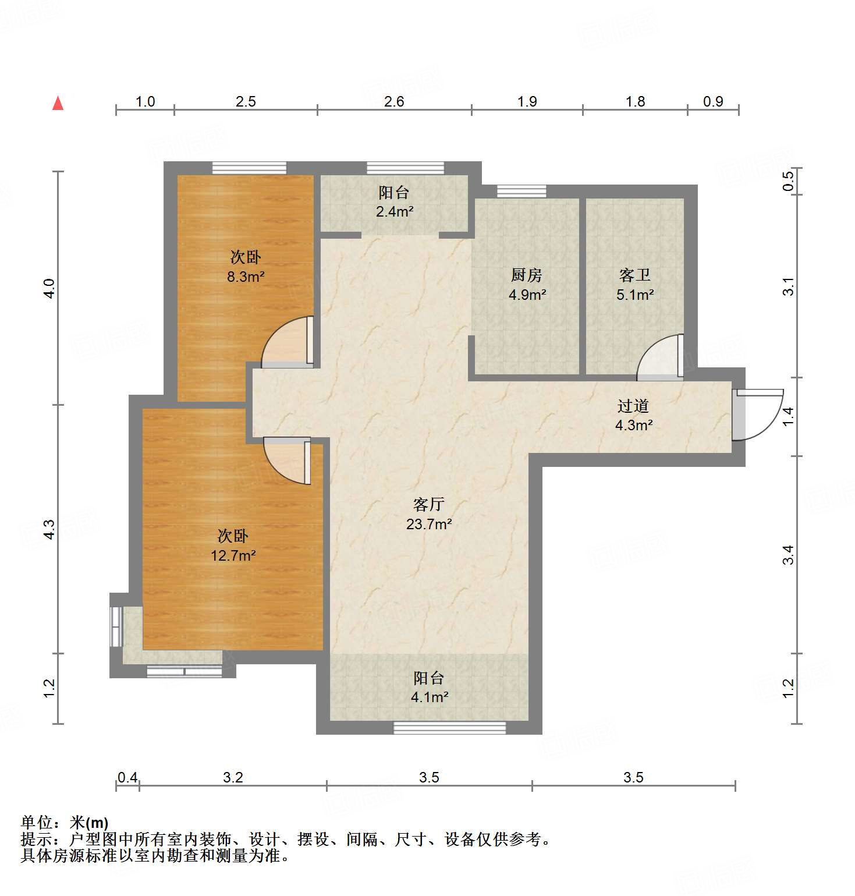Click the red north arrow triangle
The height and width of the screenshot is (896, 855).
58,104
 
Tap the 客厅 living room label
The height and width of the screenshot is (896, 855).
429,504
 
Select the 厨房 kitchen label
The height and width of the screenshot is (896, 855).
527,275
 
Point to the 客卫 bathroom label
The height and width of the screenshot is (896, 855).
634,275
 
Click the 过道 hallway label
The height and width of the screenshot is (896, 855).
633,406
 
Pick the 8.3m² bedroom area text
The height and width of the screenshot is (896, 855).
246,277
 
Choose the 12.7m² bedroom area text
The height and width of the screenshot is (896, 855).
233,556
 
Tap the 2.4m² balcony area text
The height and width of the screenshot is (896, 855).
395,212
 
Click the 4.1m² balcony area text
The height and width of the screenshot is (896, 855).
430,697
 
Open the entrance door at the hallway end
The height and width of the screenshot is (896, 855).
757,415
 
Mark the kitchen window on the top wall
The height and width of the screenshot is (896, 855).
521,191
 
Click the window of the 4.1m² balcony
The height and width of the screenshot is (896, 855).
449,727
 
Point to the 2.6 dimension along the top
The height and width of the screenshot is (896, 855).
394,102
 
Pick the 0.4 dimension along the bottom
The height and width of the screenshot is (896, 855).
127,778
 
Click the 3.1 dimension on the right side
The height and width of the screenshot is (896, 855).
788,286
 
